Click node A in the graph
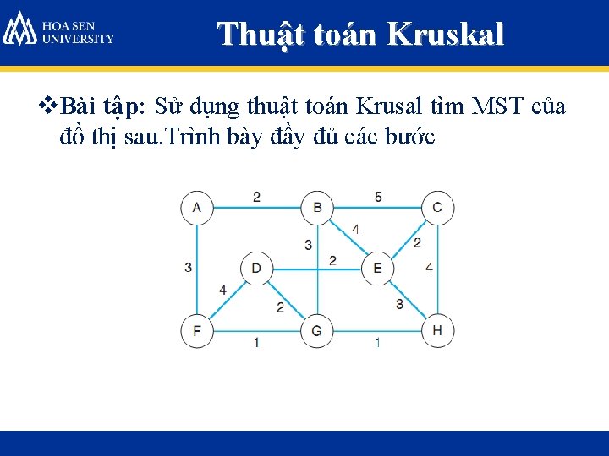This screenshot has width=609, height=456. pyautogui.click(x=197, y=208)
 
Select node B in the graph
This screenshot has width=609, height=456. pyautogui.click(x=317, y=208)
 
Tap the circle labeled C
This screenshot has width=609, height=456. pyautogui.click(x=437, y=208)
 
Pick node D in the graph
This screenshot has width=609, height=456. pyautogui.click(x=256, y=269)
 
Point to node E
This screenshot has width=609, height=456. pyautogui.click(x=377, y=269)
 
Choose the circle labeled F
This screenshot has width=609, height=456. pyautogui.click(x=197, y=330)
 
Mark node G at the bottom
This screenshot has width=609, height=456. pyautogui.click(x=317, y=330)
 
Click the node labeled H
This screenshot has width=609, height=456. pyautogui.click(x=437, y=330)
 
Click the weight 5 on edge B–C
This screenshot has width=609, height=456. pyautogui.click(x=378, y=197)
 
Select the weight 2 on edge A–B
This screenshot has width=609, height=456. pyautogui.click(x=256, y=197)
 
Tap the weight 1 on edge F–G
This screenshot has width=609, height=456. pyautogui.click(x=256, y=342)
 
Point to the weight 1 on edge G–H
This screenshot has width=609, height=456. pyautogui.click(x=377, y=342)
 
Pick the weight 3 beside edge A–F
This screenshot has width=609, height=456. pyautogui.click(x=187, y=268)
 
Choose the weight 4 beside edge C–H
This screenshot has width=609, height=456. pyautogui.click(x=429, y=268)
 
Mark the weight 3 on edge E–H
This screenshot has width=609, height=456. pyautogui.click(x=399, y=303)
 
